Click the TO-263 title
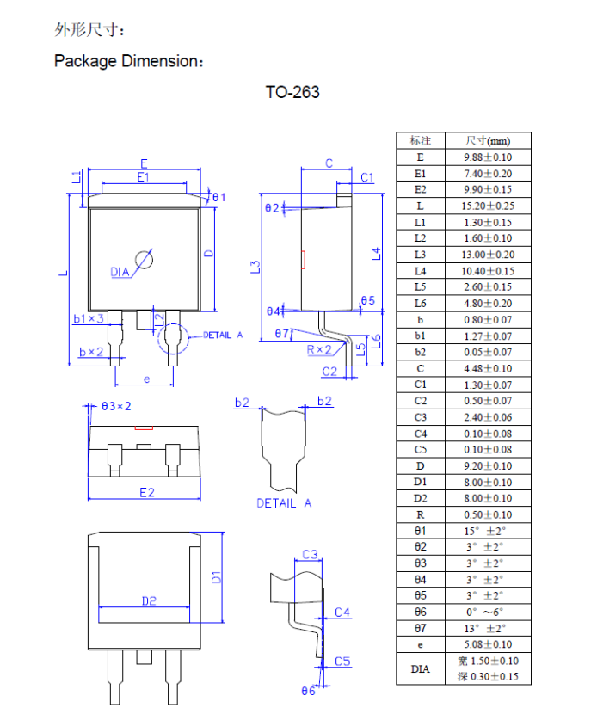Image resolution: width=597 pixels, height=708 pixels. [292, 92]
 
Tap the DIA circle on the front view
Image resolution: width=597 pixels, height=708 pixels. [144, 260]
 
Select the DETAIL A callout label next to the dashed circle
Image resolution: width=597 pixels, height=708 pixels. [223, 335]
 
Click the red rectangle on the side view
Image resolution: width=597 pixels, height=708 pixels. [304, 260]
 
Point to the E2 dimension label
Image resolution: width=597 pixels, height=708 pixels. [147, 492]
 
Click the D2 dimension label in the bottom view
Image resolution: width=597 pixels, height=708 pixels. [149, 601]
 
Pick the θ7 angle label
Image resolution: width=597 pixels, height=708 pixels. [282, 333]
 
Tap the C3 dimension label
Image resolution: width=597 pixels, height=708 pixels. [310, 554]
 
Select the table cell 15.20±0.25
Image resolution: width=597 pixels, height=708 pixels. [488, 206]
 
